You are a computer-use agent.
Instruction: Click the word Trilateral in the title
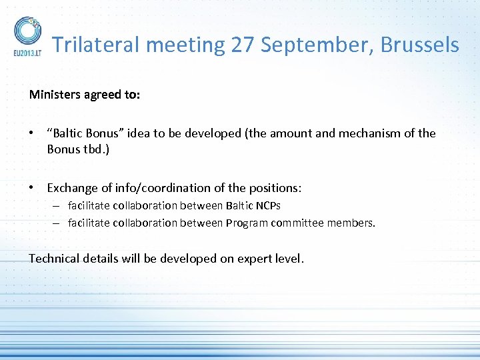pos(97,45)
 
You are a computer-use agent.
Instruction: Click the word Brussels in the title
pos(420,45)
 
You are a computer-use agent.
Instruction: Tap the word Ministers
pos(55,95)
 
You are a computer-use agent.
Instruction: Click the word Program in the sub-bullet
pos(247,223)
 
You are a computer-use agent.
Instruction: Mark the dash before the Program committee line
pos(58,223)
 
